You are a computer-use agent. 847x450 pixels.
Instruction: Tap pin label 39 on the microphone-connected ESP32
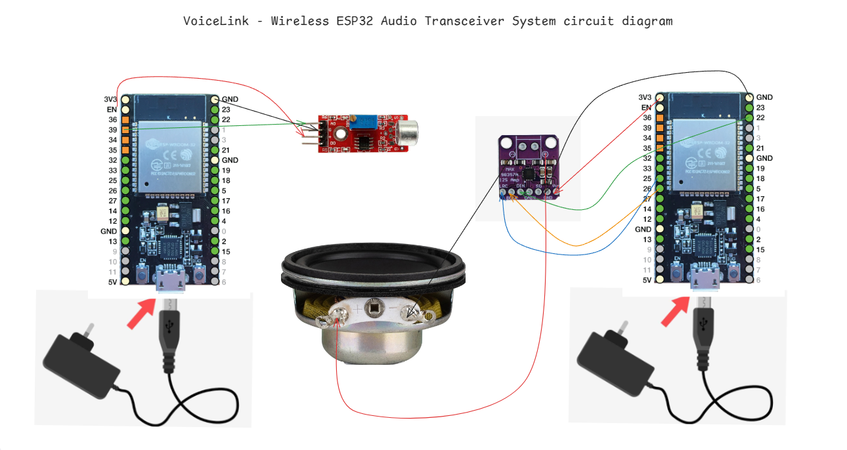pyautogui.click(x=113, y=130)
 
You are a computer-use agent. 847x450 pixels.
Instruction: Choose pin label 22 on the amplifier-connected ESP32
pyautogui.click(x=760, y=117)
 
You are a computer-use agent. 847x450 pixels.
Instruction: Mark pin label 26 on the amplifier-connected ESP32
pyautogui.click(x=647, y=189)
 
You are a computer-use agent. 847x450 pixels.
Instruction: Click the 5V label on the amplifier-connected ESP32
pyautogui.click(x=647, y=280)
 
